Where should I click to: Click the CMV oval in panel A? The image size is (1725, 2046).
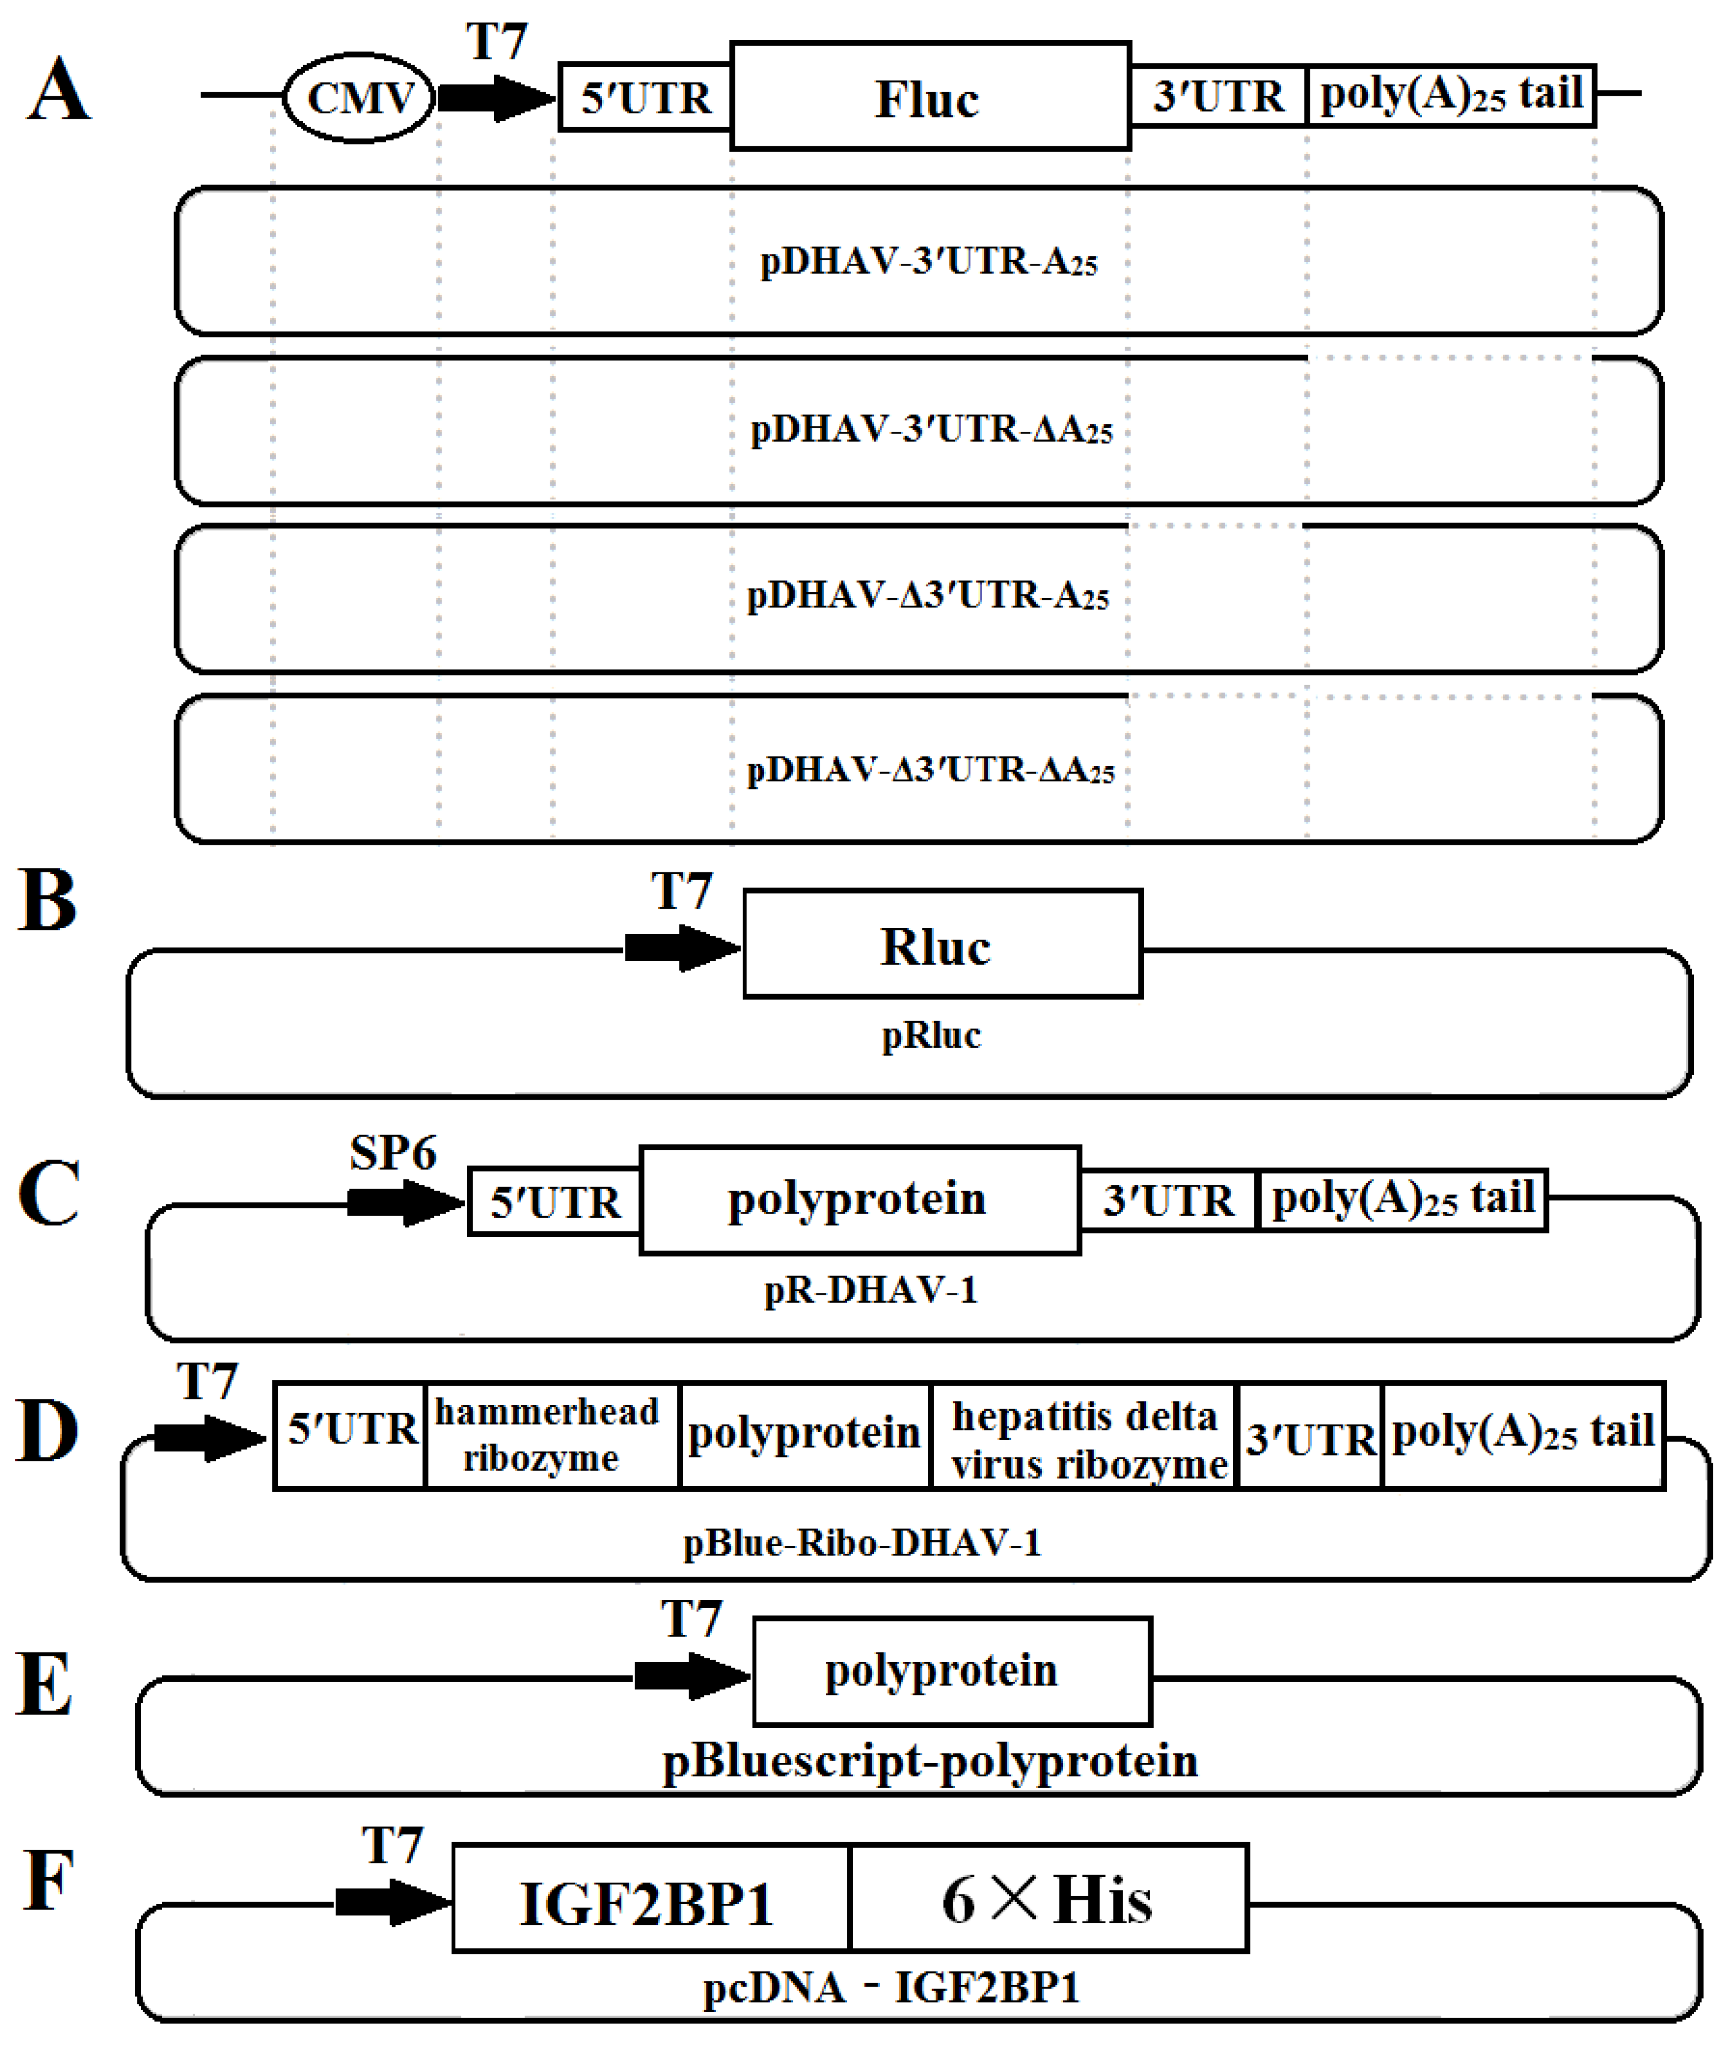(359, 98)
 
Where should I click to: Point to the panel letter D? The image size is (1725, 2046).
(47, 1431)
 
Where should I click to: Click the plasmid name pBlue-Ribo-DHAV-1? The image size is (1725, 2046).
(862, 1543)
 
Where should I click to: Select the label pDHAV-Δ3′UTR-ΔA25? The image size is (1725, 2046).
(930, 770)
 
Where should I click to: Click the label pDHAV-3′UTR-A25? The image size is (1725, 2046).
(929, 261)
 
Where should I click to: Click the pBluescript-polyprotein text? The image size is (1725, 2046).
(930, 1761)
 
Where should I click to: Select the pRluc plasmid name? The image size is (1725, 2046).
(931, 1034)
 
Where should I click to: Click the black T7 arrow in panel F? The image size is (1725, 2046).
(391, 1902)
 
